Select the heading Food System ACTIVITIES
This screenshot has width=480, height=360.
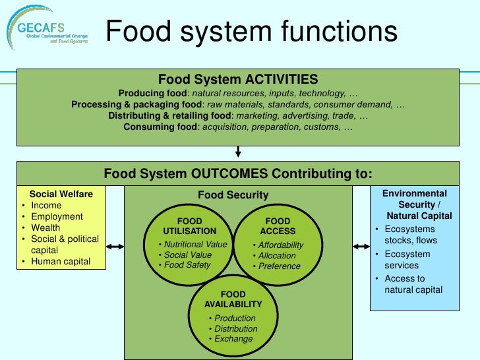tap(238, 80)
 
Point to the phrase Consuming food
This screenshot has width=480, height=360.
tap(160, 127)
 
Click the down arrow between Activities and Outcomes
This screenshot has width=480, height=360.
tap(238, 152)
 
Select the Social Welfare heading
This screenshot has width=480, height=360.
tap(61, 194)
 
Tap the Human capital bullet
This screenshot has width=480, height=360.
tap(61, 262)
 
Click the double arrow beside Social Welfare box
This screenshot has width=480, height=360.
tap(115, 247)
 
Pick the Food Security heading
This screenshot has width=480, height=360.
tap(233, 195)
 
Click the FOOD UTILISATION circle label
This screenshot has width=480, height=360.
tap(190, 226)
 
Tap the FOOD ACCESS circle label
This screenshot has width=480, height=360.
tap(278, 226)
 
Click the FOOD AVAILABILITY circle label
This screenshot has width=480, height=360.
tap(233, 299)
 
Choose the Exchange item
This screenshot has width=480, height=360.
tap(233, 339)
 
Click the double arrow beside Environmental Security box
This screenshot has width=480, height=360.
tap(361, 247)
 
